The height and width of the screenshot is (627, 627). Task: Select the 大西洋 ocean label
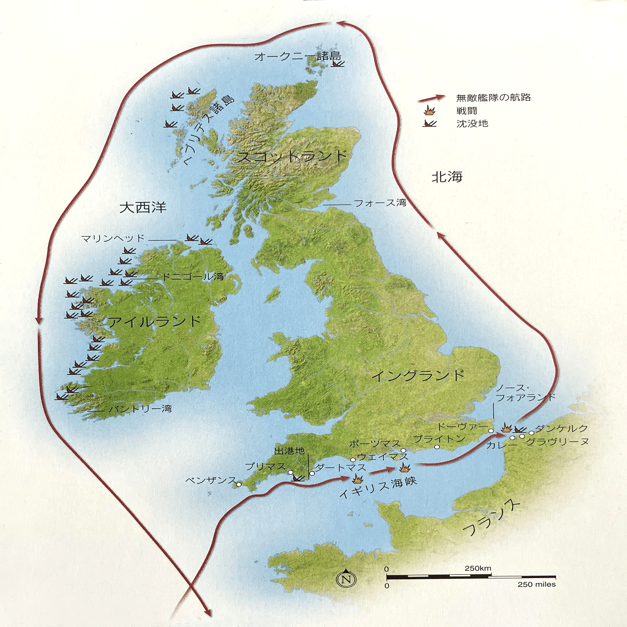[143, 208]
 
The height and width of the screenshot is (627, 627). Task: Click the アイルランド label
[154, 322]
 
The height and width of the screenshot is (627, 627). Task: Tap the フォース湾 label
[380, 203]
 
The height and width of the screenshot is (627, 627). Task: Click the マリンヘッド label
[113, 238]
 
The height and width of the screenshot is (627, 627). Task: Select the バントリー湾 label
[140, 409]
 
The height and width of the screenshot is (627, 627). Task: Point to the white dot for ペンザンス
[238, 485]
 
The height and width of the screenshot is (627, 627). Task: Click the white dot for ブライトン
[437, 447]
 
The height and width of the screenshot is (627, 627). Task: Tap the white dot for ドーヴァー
[491, 430]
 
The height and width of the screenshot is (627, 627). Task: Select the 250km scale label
[478, 569]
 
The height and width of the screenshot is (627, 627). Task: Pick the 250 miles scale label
[537, 584]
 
